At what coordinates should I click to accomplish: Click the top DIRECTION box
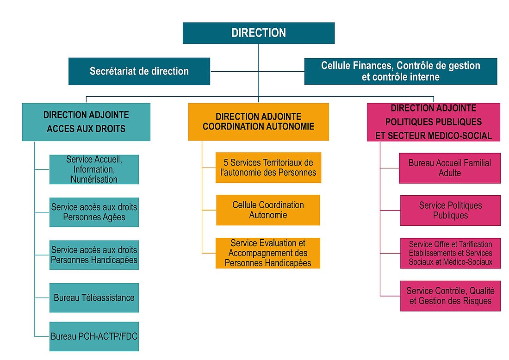[x=258, y=33]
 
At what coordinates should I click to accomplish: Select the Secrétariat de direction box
[x=139, y=71]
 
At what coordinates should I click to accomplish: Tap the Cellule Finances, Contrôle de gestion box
[x=400, y=71]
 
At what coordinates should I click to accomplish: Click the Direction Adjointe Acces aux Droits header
[x=86, y=122]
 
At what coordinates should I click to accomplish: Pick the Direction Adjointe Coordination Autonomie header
[x=258, y=121]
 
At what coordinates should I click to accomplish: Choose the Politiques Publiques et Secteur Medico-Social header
[x=433, y=122]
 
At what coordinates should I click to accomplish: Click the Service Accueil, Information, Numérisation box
[x=94, y=169]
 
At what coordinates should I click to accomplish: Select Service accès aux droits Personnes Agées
[x=94, y=212]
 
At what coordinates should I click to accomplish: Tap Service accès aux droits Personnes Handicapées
[x=94, y=254]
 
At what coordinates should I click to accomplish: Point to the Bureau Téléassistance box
[x=94, y=297]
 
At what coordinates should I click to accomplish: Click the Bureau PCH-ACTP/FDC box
[x=94, y=336]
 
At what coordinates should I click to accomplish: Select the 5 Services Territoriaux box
[x=268, y=168]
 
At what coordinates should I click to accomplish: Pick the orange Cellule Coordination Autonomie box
[x=268, y=210]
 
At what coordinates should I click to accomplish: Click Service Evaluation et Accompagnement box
[x=268, y=253]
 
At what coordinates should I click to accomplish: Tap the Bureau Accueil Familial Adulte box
[x=449, y=168]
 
